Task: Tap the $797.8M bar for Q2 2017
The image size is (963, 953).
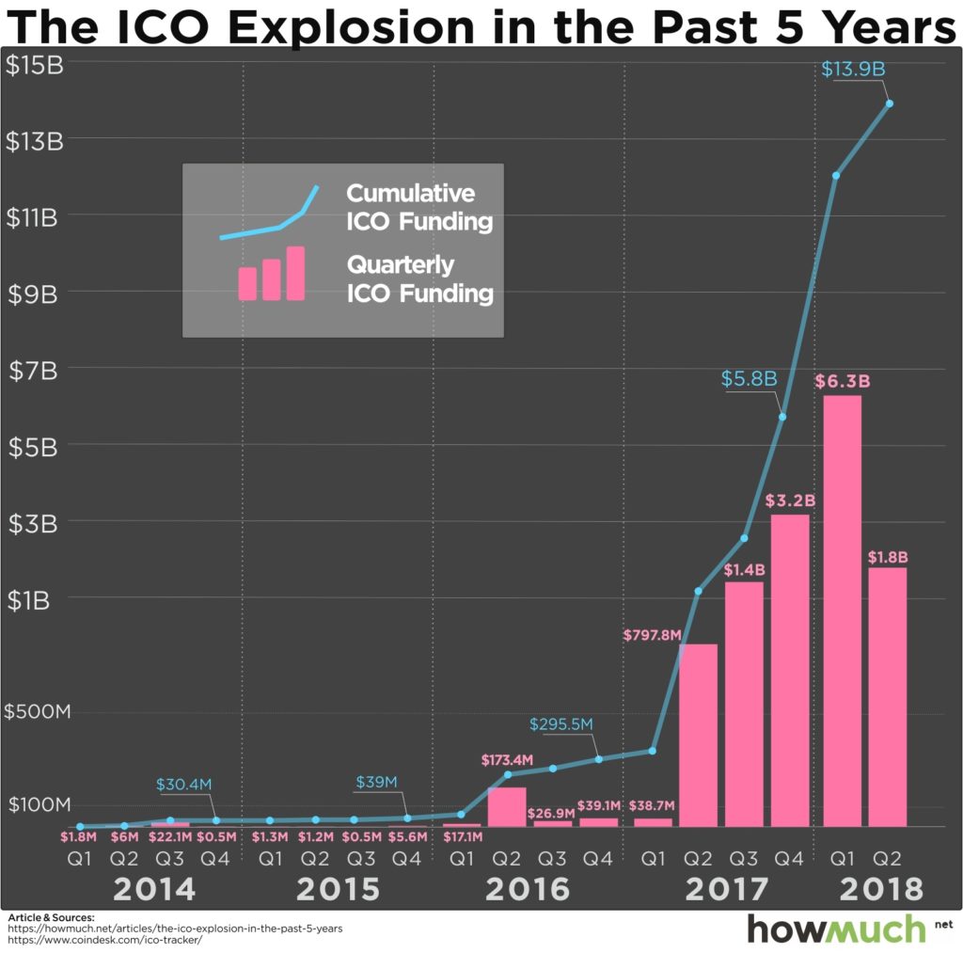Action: click(x=698, y=735)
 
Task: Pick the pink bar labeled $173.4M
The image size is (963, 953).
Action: click(x=506, y=806)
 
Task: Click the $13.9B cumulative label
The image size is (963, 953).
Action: click(x=853, y=70)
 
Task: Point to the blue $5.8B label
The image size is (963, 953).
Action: click(x=749, y=379)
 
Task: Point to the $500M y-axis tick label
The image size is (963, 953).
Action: click(x=39, y=711)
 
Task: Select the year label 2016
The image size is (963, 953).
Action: click(x=529, y=888)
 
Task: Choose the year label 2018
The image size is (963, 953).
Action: click(x=881, y=888)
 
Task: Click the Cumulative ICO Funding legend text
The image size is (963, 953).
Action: click(x=419, y=208)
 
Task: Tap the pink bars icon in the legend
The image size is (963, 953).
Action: click(x=272, y=274)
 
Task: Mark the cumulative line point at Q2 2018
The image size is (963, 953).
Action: click(x=889, y=103)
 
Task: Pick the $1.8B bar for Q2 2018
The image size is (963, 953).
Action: click(x=888, y=696)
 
